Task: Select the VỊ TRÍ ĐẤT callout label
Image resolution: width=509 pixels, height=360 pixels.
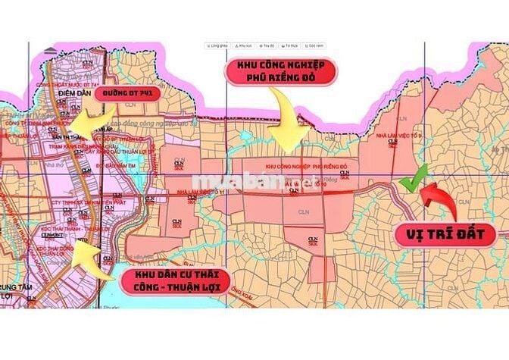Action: tap(445, 234)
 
